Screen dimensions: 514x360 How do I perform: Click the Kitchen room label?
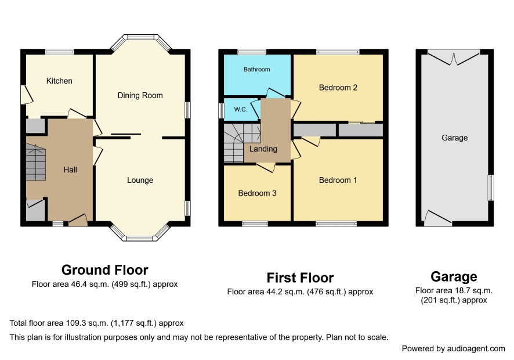point(59,81)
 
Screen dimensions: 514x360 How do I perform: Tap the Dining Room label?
point(140,95)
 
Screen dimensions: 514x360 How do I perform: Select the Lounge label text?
point(140,180)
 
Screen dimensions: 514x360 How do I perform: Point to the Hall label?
point(70,170)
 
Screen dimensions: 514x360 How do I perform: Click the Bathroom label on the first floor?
point(256,69)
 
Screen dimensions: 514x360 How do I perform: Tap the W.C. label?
point(241,109)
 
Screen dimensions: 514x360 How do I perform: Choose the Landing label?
point(263,149)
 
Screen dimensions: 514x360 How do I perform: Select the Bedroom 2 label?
point(338,88)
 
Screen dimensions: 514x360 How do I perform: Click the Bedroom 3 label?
point(257,193)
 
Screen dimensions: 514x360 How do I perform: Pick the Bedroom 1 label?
point(338,180)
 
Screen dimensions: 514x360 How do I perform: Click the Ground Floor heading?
point(105,270)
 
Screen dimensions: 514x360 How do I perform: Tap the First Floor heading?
point(300,278)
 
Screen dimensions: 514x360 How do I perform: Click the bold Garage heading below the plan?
point(454,277)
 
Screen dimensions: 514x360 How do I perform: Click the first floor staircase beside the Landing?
point(242,143)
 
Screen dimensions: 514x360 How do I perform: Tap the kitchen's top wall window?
point(60,52)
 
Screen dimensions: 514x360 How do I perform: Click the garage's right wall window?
point(491,188)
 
